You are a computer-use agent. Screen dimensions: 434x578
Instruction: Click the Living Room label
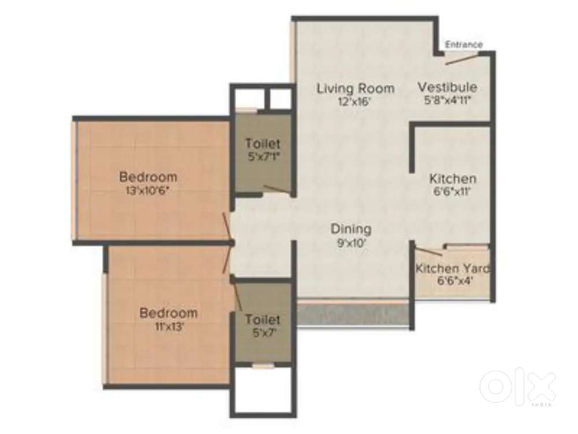click(x=355, y=89)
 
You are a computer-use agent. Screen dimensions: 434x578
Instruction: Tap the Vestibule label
click(x=447, y=87)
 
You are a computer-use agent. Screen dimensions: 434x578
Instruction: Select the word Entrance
click(x=464, y=45)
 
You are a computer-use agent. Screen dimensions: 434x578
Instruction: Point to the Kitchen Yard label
click(x=453, y=269)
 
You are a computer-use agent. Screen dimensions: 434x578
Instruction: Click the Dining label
click(x=351, y=229)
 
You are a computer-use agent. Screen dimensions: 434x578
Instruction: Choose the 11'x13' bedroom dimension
click(x=168, y=326)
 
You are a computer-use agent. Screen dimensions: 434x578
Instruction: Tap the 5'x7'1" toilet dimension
click(x=262, y=156)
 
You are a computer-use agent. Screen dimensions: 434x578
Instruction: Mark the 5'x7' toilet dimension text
click(x=262, y=333)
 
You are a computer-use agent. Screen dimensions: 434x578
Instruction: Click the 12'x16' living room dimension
click(x=355, y=102)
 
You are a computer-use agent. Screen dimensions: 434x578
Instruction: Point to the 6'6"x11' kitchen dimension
click(x=453, y=192)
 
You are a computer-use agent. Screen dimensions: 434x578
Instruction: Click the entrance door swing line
click(x=461, y=57)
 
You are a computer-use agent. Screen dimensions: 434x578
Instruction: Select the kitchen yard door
click(x=429, y=251)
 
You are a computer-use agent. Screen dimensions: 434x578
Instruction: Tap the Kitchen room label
click(x=453, y=179)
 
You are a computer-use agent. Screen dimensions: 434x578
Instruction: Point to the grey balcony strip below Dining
click(x=354, y=315)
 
